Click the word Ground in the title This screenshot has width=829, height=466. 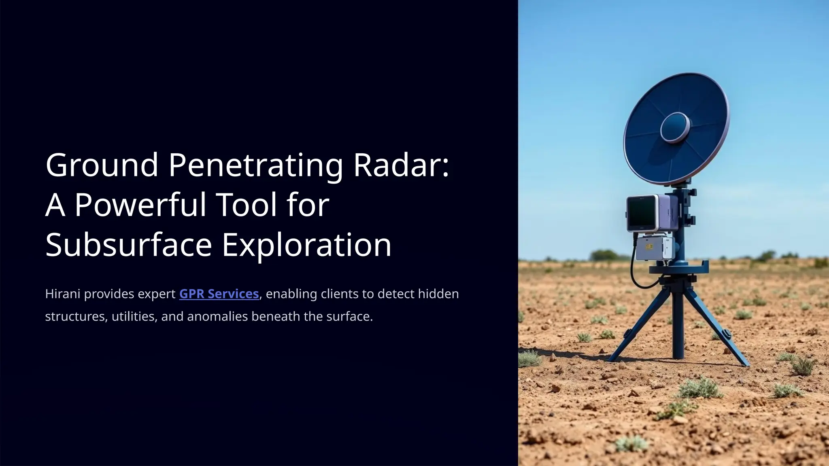(x=102, y=165)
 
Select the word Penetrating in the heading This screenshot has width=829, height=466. (x=255, y=165)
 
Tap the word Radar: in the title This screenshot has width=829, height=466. (x=401, y=165)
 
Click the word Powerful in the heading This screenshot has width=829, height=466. (x=140, y=205)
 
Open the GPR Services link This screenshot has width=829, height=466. (x=219, y=294)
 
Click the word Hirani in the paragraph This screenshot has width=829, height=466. (x=63, y=294)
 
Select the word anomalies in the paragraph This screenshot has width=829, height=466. (x=217, y=316)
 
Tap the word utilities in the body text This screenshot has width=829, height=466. (x=134, y=316)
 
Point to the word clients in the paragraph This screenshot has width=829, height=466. (x=338, y=294)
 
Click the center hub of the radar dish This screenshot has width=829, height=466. (x=675, y=127)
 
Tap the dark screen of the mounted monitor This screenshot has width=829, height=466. (x=642, y=213)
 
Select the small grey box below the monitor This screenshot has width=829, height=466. (x=652, y=248)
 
